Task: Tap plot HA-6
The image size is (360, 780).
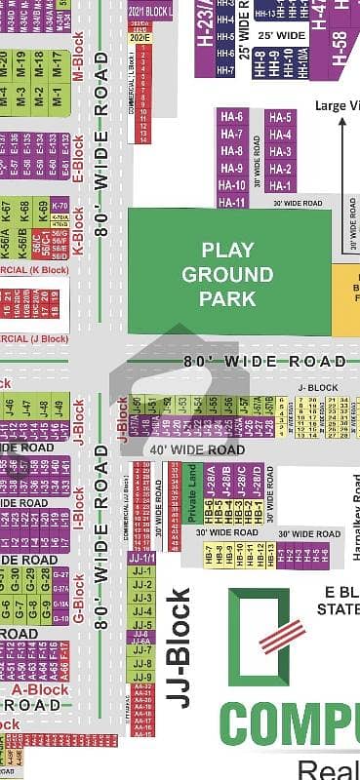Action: (232, 117)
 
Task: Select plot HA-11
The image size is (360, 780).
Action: (232, 202)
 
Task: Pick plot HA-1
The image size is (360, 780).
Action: (280, 185)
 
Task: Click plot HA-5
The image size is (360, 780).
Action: (280, 117)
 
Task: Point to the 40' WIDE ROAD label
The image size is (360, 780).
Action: (196, 449)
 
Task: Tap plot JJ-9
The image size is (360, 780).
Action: (142, 677)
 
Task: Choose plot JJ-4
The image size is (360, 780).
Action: (142, 610)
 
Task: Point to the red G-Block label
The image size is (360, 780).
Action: (79, 605)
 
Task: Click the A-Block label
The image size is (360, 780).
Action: (43, 689)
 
